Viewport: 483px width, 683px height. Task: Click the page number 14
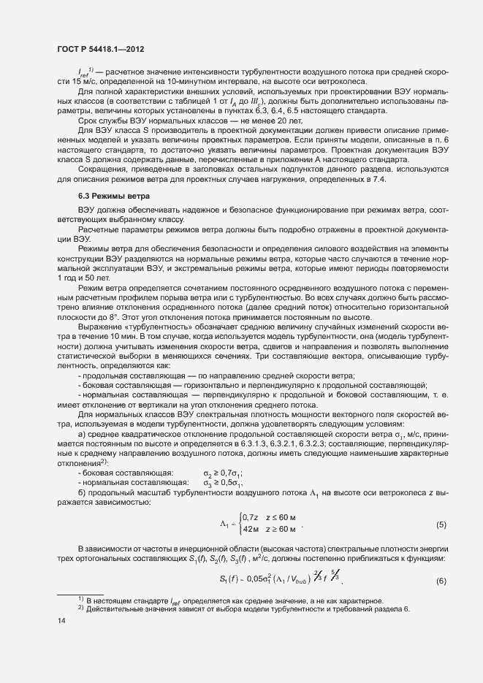pyautogui.click(x=61, y=621)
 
